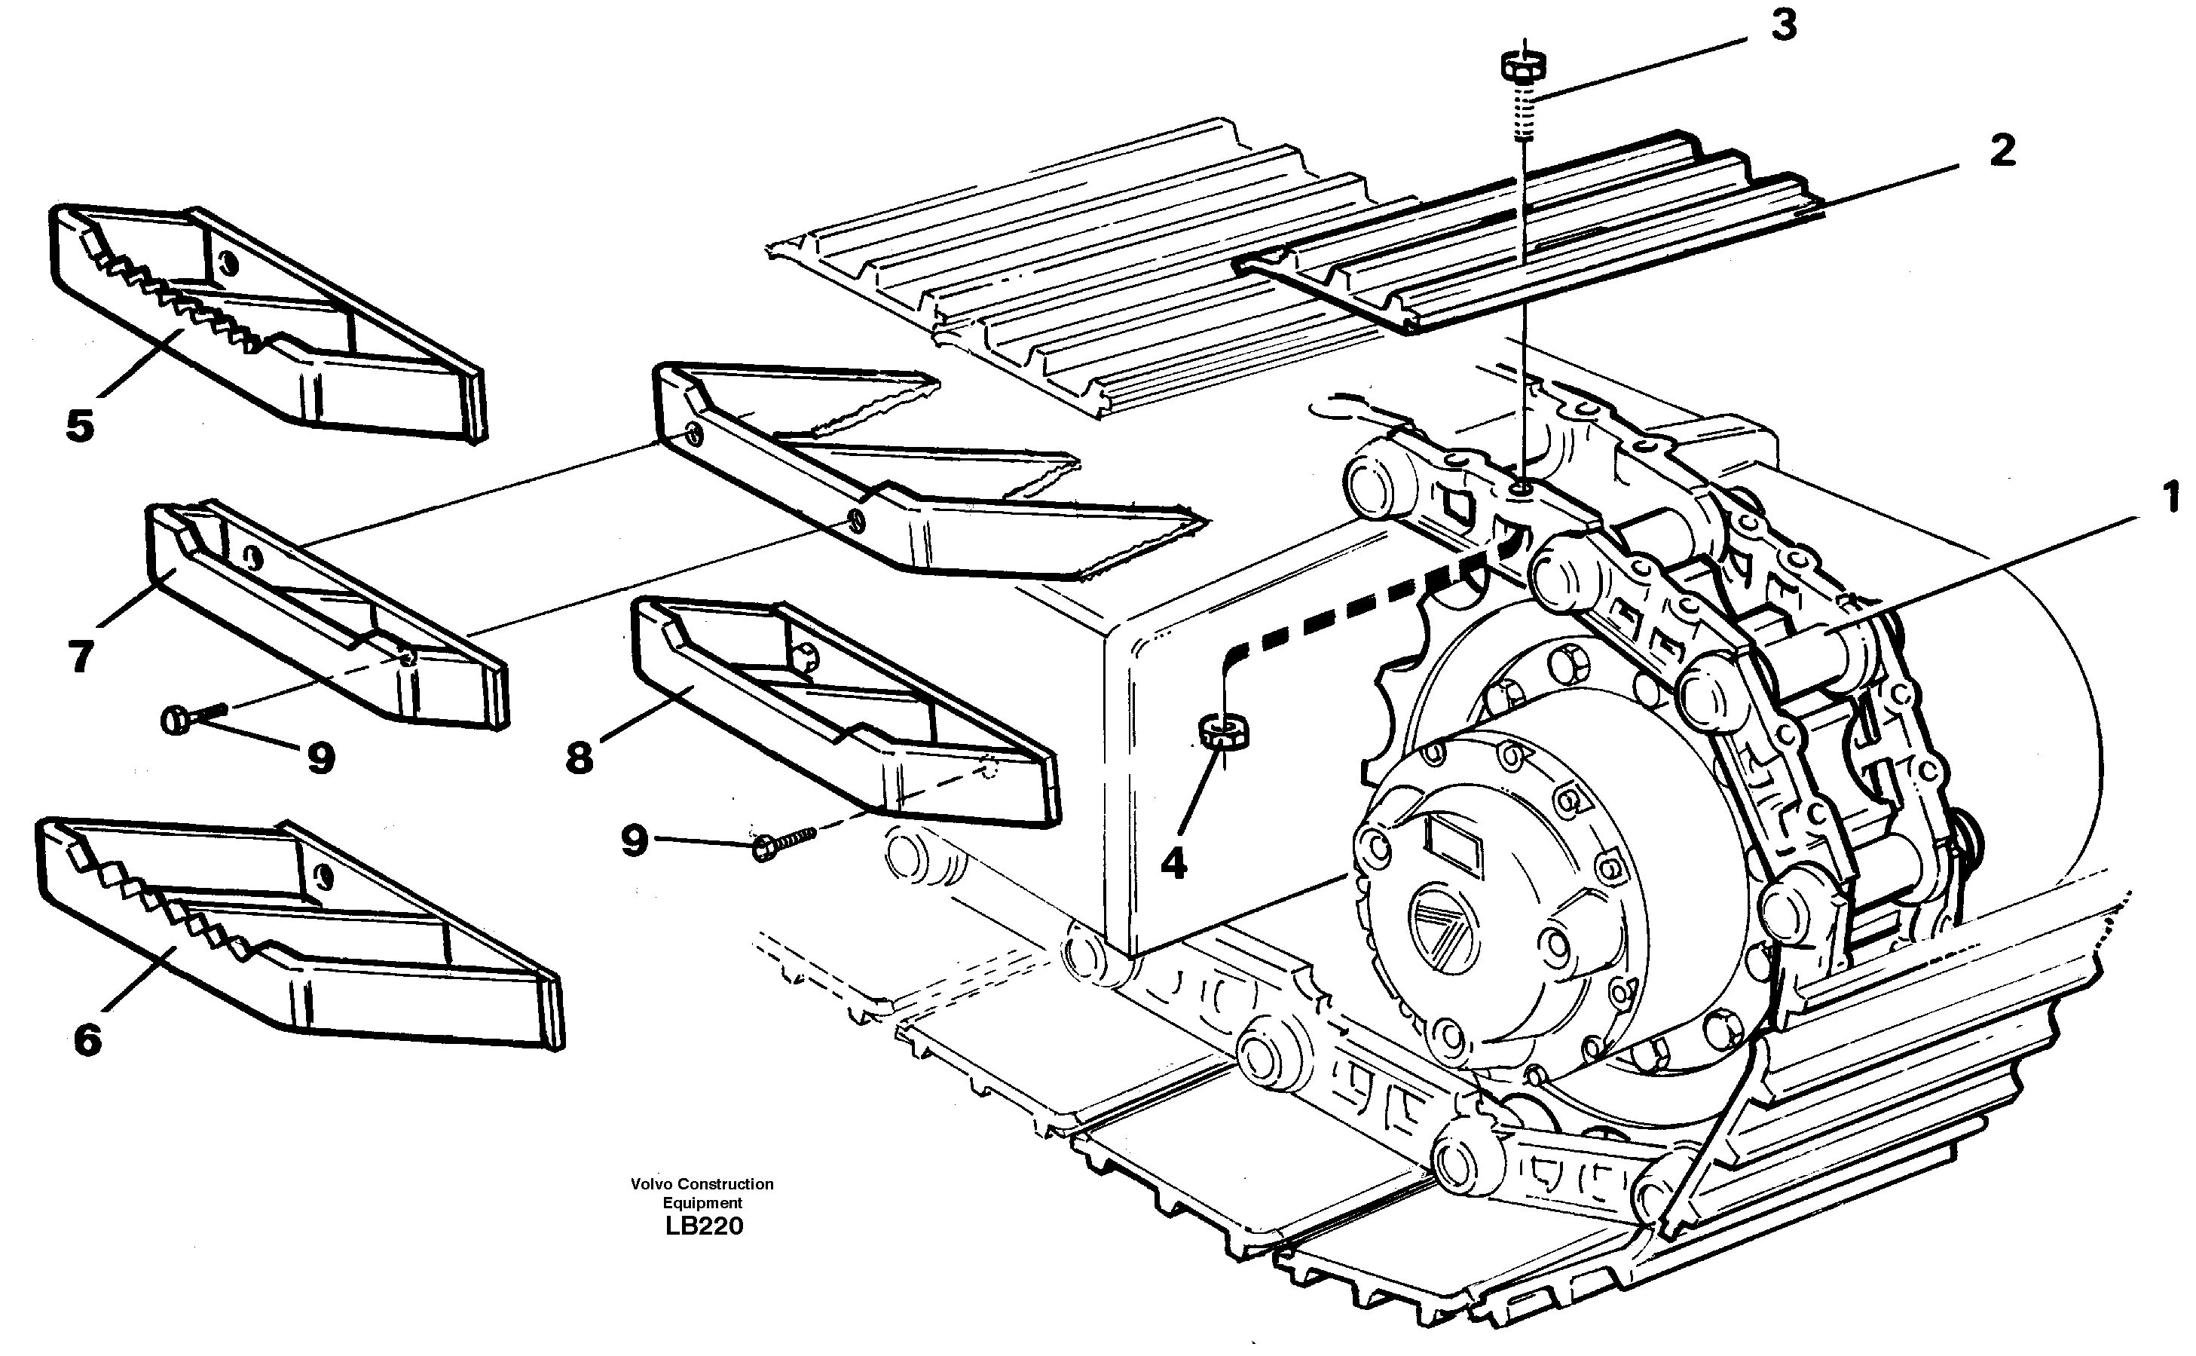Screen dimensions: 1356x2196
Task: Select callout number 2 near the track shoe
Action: [2002, 150]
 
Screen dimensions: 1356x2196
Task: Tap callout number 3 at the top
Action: [1782, 26]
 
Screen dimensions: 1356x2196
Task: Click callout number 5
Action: [80, 426]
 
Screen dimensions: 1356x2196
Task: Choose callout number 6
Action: [87, 1040]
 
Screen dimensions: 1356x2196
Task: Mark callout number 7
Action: [81, 657]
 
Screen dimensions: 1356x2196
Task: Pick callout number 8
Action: [580, 758]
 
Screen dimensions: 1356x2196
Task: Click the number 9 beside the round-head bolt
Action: [320, 759]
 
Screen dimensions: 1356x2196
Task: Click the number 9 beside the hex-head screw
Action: [634, 840]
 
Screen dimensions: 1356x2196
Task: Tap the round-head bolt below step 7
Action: [190, 717]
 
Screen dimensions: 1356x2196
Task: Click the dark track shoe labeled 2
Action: [1525, 260]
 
